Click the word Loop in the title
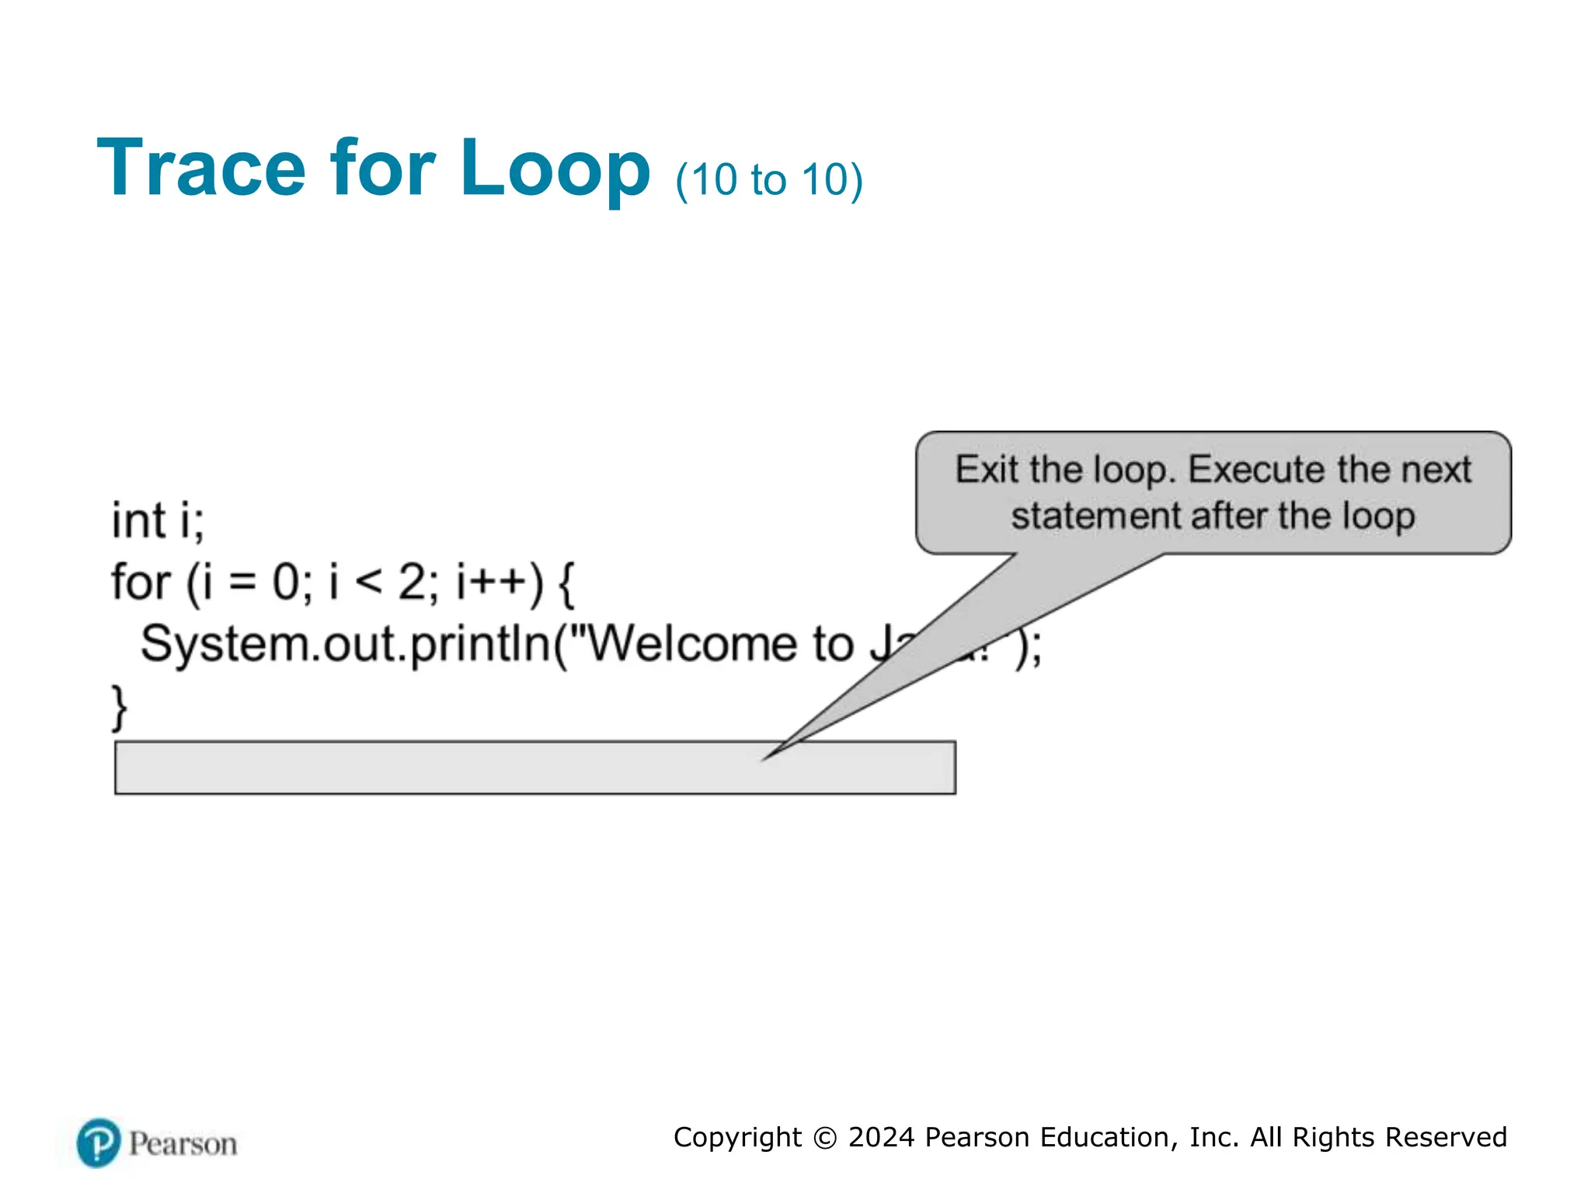pos(554,168)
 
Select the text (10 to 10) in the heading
pos(768,180)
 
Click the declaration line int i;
pos(158,520)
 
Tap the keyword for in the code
pos(140,583)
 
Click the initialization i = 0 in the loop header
pos(249,583)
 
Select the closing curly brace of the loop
pos(119,708)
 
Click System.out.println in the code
pos(345,645)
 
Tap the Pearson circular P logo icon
pos(99,1143)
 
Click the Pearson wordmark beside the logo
pos(183,1144)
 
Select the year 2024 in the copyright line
pos(881,1137)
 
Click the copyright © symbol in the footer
pos(825,1138)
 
